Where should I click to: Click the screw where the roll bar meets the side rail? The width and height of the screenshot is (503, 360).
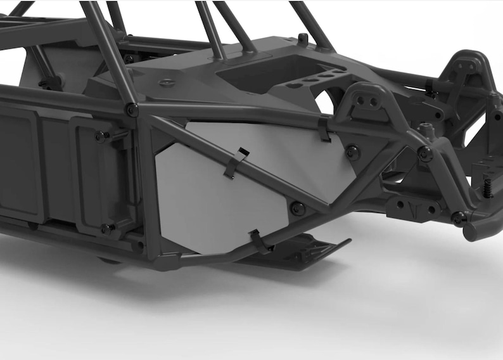click(132, 109)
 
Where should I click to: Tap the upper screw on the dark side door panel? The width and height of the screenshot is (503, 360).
click(100, 136)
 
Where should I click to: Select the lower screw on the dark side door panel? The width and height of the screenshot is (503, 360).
click(106, 228)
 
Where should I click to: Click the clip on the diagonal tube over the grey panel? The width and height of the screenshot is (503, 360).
click(236, 162)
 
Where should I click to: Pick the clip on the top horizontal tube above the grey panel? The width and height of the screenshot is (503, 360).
click(324, 130)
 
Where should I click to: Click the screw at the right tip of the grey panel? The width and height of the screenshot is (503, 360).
click(352, 152)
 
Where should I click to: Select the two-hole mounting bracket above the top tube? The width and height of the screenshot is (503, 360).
click(366, 101)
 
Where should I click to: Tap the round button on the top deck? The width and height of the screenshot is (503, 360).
click(167, 82)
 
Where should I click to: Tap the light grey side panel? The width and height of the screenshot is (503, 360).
click(209, 190)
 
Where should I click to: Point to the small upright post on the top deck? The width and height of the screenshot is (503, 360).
click(303, 39)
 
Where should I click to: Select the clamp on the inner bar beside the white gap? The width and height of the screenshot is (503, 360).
click(51, 82)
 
